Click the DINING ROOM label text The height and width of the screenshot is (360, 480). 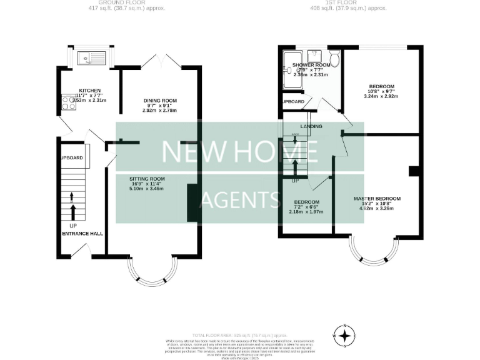coord(160,101)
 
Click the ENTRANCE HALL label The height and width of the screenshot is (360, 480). coord(82,234)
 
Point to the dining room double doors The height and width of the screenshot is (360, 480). coord(160,61)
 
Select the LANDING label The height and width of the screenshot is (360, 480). coord(311,127)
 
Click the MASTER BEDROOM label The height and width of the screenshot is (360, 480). coord(376,199)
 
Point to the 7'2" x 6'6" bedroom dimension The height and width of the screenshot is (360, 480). coord(306,207)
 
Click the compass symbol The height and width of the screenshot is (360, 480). coord(343,334)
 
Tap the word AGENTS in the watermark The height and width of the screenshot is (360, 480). coord(239,200)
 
